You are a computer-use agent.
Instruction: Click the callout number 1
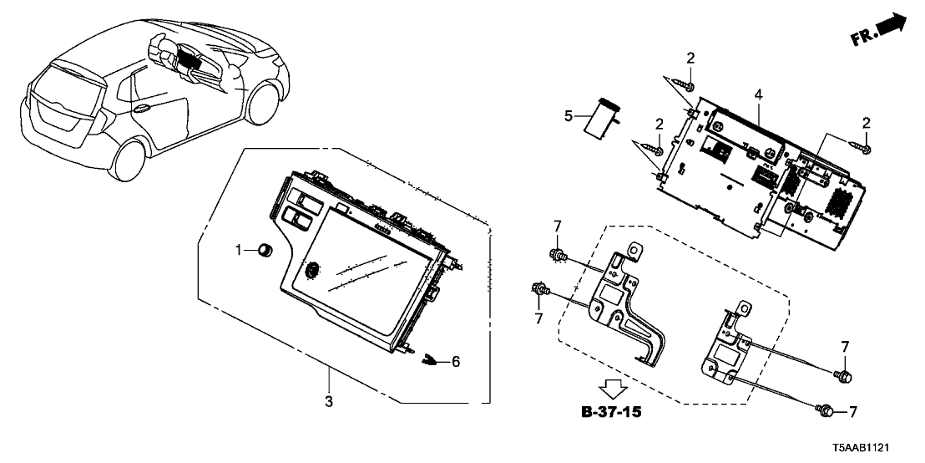238,249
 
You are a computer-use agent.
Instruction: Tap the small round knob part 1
266,249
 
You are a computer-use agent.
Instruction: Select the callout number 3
329,402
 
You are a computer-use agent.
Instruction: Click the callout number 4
758,95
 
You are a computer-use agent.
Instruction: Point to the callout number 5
569,117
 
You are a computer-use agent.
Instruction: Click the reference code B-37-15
614,413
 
